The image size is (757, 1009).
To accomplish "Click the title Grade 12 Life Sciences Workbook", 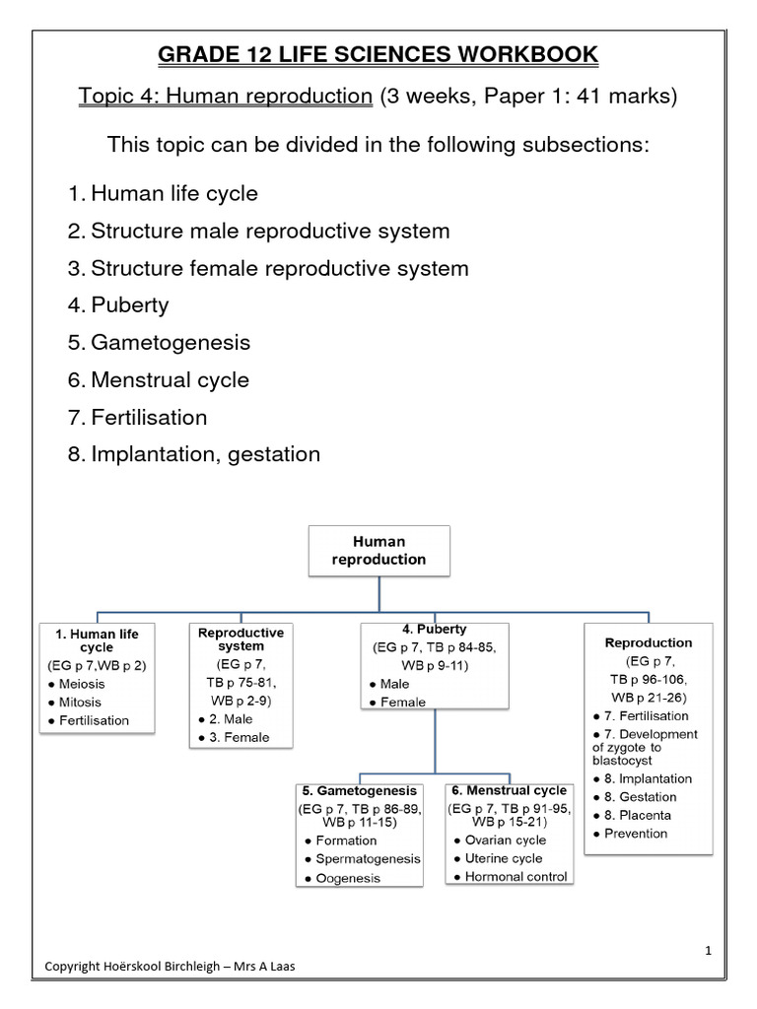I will click(x=378, y=54).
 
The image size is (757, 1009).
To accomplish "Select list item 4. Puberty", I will click(x=118, y=305).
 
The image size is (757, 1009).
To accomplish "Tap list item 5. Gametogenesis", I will click(x=159, y=343).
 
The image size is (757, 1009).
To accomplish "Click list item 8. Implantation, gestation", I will click(x=194, y=454).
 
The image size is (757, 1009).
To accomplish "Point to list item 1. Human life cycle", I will click(x=163, y=193).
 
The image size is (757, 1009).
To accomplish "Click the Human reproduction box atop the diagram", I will click(x=379, y=551).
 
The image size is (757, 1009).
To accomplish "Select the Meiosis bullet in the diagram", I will click(x=83, y=685).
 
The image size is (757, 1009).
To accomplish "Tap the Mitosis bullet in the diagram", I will click(x=82, y=703).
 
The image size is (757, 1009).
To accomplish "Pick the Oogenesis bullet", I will click(x=348, y=878).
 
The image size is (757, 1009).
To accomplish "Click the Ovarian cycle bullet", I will click(x=505, y=841).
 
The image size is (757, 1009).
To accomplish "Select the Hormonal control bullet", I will click(x=516, y=876).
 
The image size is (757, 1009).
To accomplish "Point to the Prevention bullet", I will click(x=637, y=834).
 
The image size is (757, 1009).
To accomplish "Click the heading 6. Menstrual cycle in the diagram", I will click(x=508, y=790).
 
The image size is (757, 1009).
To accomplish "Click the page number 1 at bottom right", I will click(x=708, y=950).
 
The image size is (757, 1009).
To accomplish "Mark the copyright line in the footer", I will click(x=170, y=967).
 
